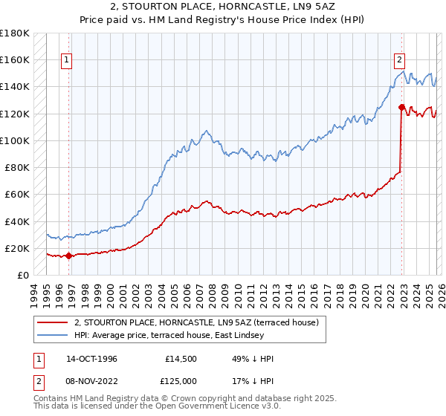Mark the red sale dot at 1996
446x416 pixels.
click(69, 256)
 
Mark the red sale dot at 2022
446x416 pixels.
click(401, 107)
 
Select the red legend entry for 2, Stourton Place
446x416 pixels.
click(196, 322)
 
